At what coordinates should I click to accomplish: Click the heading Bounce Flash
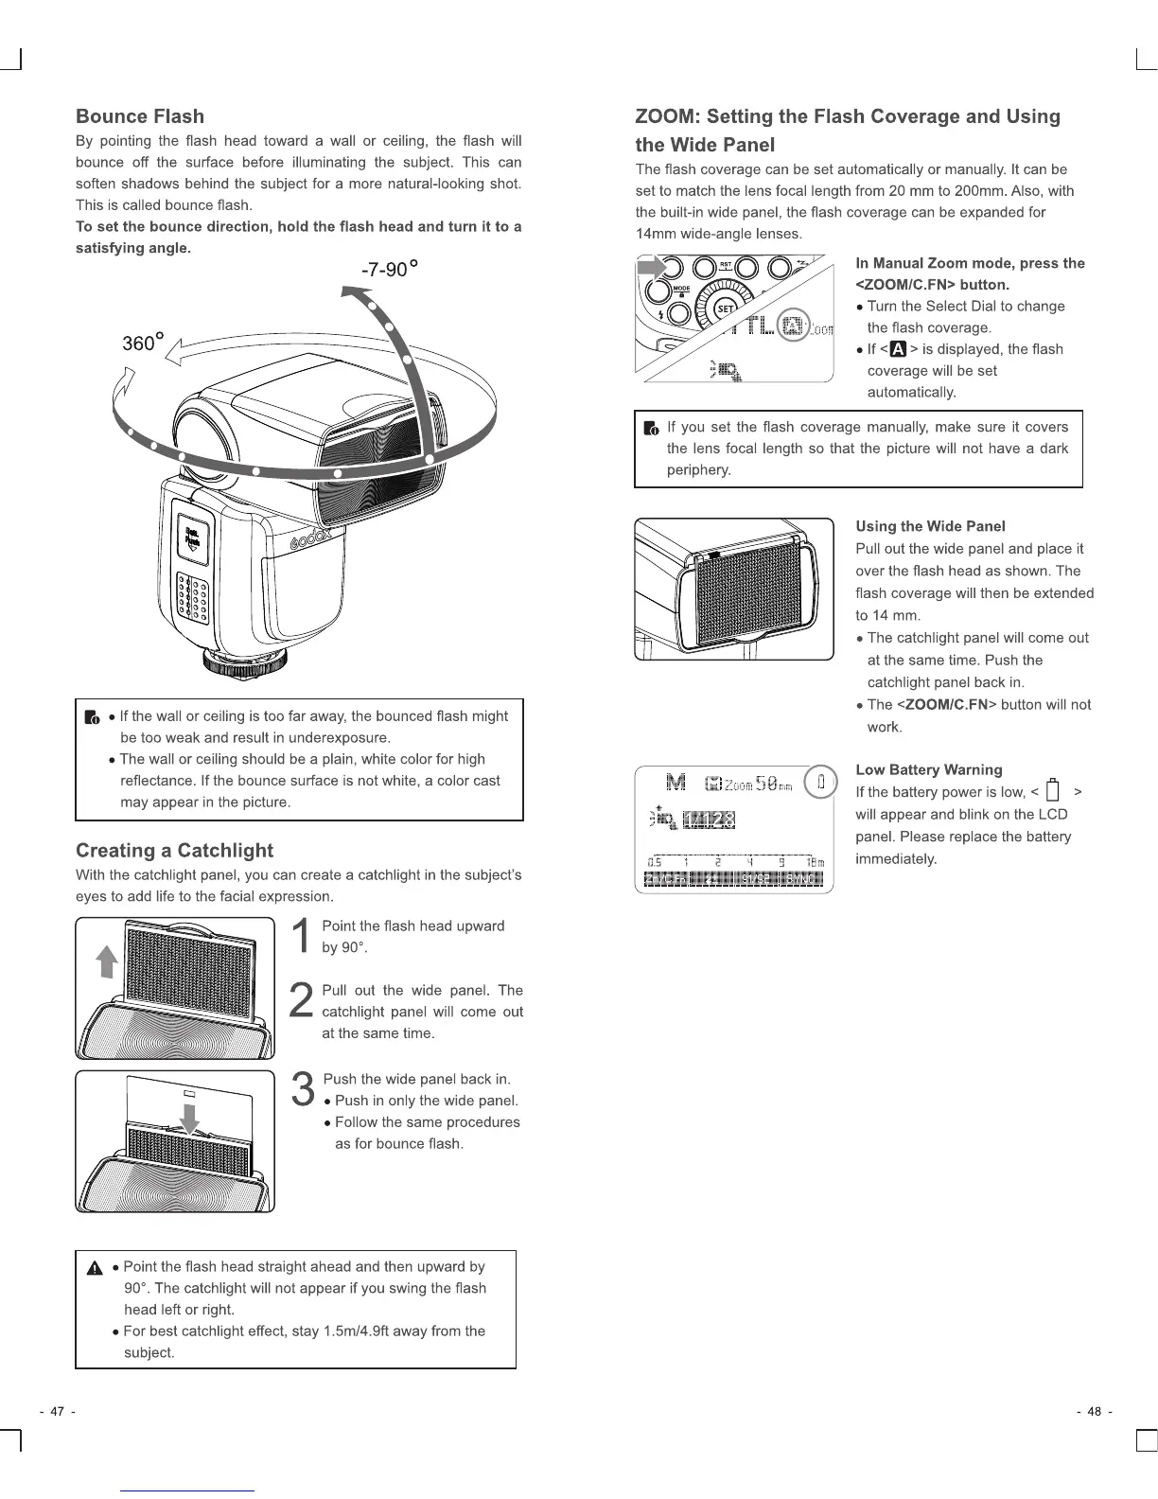140,116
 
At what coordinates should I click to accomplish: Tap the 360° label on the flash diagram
143,343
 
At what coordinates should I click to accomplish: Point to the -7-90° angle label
389,270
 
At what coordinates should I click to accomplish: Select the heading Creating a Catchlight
174,850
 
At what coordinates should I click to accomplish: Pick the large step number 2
301,1001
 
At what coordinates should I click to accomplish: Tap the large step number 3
303,1089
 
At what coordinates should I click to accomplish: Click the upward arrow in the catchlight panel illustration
108,962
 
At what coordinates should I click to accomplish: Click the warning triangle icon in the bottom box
95,1269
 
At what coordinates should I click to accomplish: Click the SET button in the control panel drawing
725,309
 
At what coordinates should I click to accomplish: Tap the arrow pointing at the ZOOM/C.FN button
651,268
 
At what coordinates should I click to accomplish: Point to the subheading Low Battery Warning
928,769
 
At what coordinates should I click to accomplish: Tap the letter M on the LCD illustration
675,782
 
